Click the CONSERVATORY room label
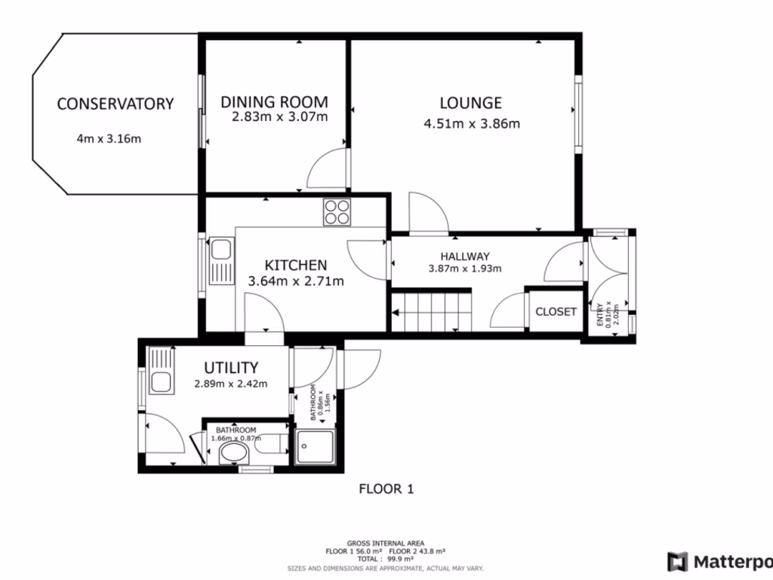115,104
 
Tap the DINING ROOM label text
274,102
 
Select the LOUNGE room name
470,103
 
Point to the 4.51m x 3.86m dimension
472,124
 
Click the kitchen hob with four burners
337,211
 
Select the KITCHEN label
295,265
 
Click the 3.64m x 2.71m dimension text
296,282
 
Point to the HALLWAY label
465,256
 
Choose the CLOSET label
556,312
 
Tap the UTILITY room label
231,368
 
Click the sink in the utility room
161,371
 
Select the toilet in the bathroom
234,454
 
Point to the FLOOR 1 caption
386,489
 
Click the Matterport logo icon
677,561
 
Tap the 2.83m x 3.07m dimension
279,117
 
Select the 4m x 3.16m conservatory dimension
109,138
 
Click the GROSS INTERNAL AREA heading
385,543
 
